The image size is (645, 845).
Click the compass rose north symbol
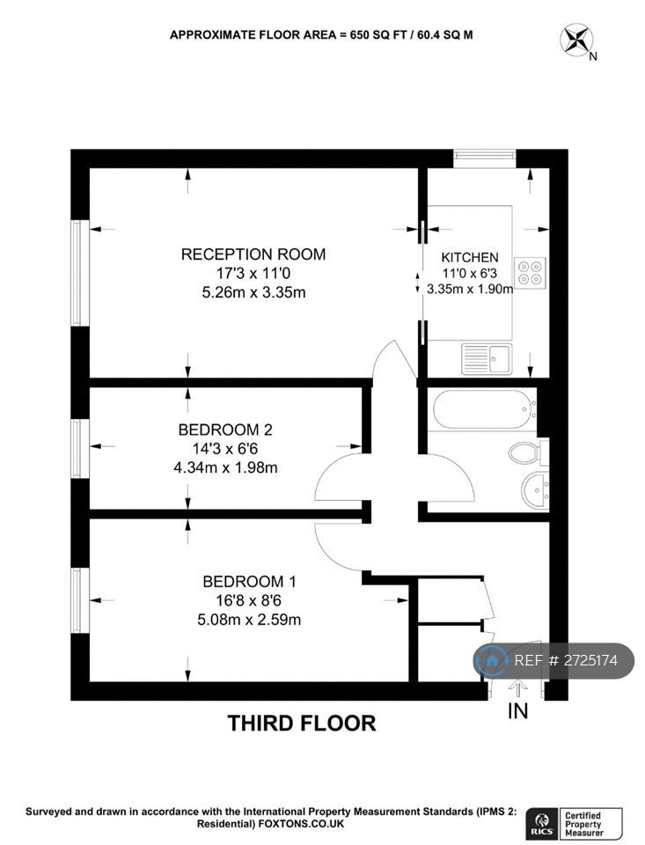pyautogui.click(x=576, y=40)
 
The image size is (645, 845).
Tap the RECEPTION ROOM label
pyautogui.click(x=253, y=254)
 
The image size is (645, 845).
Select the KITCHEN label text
pyautogui.click(x=470, y=258)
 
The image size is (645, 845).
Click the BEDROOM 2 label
pyautogui.click(x=225, y=430)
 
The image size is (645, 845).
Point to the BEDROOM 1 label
pyautogui.click(x=250, y=582)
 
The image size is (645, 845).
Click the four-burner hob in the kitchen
pyautogui.click(x=531, y=272)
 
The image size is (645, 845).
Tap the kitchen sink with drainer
pyautogui.click(x=487, y=359)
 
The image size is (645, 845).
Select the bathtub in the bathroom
pyautogui.click(x=485, y=409)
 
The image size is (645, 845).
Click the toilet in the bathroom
pyautogui.click(x=528, y=452)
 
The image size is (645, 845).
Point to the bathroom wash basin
pyautogui.click(x=534, y=490)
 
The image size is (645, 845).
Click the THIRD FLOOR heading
pyautogui.click(x=302, y=724)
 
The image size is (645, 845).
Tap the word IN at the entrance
pyautogui.click(x=517, y=711)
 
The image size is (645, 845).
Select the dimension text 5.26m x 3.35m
pyautogui.click(x=253, y=292)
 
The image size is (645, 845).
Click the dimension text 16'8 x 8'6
pyautogui.click(x=249, y=600)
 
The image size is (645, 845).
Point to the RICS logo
pyautogui.click(x=543, y=822)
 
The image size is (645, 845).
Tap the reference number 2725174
pyautogui.click(x=566, y=661)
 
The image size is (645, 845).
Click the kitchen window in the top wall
pyautogui.click(x=485, y=157)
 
